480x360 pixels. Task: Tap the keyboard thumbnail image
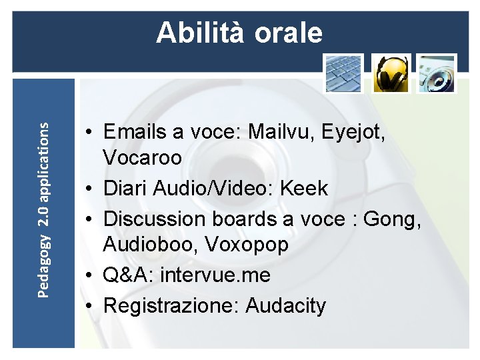pyautogui.click(x=343, y=73)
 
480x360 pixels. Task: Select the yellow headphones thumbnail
pyautogui.click(x=390, y=73)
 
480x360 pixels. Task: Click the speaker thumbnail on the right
pyautogui.click(x=437, y=73)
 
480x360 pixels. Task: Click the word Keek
pyautogui.click(x=304, y=188)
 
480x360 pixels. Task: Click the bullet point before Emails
pyautogui.click(x=89, y=132)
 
